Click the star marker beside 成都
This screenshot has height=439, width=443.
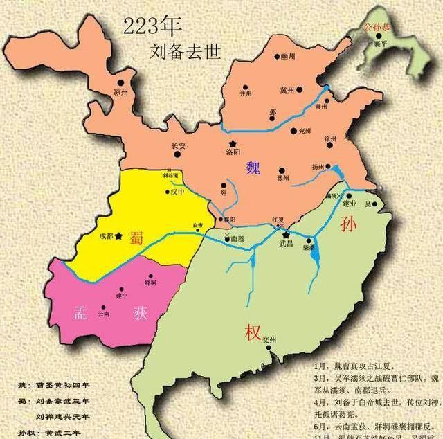tap(120, 236)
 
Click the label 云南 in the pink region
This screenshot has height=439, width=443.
tap(104, 314)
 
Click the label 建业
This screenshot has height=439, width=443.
tap(349, 204)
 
